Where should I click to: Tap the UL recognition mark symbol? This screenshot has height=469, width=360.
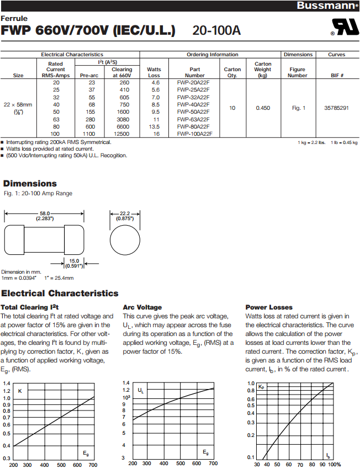tap(343, 28)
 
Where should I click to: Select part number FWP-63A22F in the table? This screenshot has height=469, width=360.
tap(194, 119)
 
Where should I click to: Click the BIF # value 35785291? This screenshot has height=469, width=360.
tap(336, 108)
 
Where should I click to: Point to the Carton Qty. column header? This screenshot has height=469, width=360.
tap(232, 72)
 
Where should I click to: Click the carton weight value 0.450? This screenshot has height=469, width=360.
tap(263, 108)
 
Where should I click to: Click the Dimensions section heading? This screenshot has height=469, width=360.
tap(30, 184)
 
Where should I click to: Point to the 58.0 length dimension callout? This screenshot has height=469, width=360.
tap(44, 216)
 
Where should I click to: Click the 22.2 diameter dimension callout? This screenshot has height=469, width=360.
tap(124, 216)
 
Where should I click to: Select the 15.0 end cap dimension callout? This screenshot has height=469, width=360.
tap(73, 263)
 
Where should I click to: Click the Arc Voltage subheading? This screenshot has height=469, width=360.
tap(142, 307)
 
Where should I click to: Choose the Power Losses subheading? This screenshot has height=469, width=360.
tap(269, 307)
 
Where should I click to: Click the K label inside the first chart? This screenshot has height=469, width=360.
tap(20, 391)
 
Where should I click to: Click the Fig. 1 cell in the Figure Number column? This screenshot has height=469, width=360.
tap(298, 108)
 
